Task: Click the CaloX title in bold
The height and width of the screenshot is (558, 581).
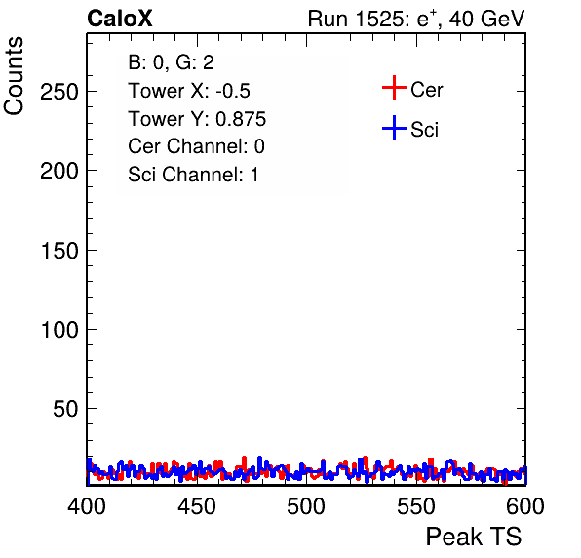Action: (120, 19)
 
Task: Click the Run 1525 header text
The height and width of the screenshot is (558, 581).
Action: (416, 19)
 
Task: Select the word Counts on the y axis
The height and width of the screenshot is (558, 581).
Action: (14, 76)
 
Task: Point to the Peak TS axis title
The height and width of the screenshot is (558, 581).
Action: (474, 537)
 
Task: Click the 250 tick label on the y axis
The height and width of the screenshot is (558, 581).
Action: (59, 91)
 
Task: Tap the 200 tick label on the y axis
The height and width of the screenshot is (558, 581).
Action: (59, 171)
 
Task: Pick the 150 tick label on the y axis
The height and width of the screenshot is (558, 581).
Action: (59, 251)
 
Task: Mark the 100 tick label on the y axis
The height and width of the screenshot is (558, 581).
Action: (59, 330)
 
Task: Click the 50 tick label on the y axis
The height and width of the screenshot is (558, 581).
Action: (65, 409)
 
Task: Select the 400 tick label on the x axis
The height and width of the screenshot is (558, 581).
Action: (87, 506)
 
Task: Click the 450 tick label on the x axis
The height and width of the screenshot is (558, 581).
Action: (197, 506)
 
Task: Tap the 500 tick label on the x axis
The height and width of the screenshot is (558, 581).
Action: (306, 506)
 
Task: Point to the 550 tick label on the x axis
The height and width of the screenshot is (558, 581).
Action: (415, 506)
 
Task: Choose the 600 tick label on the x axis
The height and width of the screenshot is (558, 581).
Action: (525, 506)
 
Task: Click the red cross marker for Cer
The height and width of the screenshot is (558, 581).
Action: (394, 88)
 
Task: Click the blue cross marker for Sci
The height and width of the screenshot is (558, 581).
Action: (394, 128)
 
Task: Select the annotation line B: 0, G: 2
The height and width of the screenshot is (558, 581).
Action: (171, 62)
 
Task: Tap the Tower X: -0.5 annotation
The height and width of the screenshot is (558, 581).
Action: (189, 91)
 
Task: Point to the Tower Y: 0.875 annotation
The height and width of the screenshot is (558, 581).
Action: (197, 119)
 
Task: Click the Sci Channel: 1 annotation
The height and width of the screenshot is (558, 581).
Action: (193, 175)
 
